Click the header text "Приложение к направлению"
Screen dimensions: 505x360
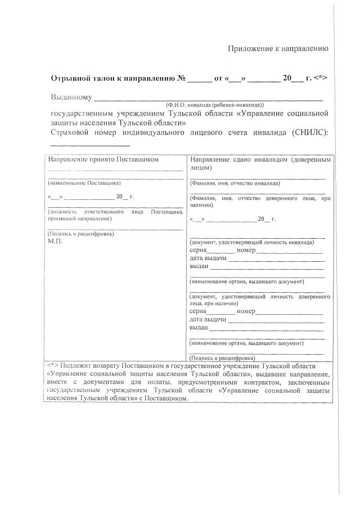(x=277, y=48)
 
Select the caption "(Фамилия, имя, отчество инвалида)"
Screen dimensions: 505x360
(x=235, y=183)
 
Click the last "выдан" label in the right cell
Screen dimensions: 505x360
(x=199, y=327)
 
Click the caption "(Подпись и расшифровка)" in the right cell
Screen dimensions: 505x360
(x=223, y=357)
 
